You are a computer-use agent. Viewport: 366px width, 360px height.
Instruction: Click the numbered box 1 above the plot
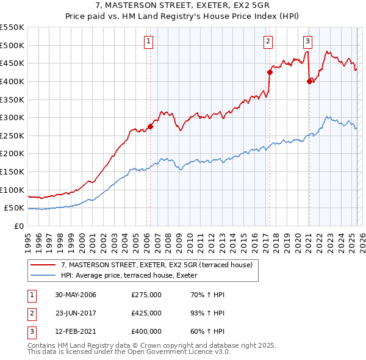click(149, 41)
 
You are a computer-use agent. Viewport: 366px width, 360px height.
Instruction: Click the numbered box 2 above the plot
click(268, 41)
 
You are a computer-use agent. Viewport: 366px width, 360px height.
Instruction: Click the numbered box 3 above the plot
click(308, 41)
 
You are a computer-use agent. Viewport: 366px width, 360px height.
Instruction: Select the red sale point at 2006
click(150, 127)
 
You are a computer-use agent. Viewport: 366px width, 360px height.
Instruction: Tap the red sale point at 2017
click(269, 72)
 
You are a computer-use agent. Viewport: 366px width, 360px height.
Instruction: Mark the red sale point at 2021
click(309, 81)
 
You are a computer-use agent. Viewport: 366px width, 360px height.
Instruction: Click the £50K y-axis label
click(15, 207)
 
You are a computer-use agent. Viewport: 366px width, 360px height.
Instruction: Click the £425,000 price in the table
click(146, 314)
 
